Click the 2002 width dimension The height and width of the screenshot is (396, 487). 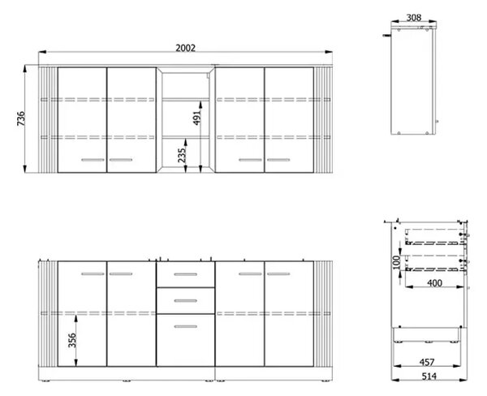tap(185, 48)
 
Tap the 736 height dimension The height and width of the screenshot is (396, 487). tap(21, 118)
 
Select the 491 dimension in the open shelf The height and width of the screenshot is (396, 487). tap(197, 118)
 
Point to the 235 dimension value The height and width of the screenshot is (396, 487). tap(182, 155)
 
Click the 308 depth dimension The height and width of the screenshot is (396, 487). tap(414, 18)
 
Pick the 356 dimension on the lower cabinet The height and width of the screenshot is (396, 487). tap(72, 340)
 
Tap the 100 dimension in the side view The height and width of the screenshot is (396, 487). tap(397, 262)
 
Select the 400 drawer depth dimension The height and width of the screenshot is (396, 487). tap(434, 283)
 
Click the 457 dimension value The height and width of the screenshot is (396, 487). tap(427, 362)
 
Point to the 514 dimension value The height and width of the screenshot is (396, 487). tap(429, 377)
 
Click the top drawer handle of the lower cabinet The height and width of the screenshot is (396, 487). tap(185, 274)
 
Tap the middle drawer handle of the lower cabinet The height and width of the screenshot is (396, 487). tap(185, 300)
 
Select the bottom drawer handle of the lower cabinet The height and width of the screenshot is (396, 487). tap(185, 326)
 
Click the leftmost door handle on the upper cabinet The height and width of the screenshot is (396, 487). tap(93, 160)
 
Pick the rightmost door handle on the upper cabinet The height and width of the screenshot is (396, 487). tap(278, 160)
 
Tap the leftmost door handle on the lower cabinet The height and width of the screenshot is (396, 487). tap(93, 274)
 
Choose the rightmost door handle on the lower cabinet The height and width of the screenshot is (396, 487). tap(278, 274)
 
